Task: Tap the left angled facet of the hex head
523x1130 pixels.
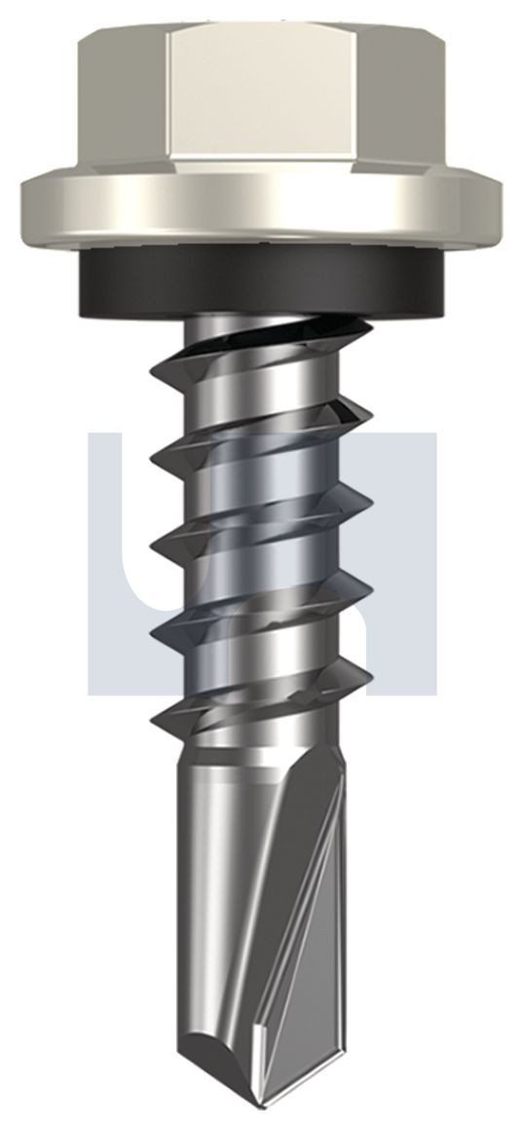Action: point(123,97)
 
